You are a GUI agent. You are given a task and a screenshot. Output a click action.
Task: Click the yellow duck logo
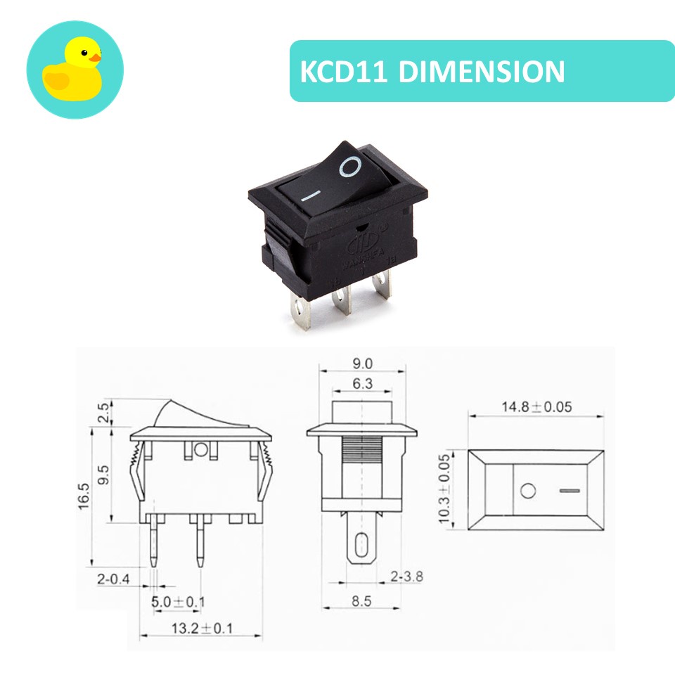click(75, 70)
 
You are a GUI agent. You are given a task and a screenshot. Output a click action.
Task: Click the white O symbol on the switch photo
click(351, 167)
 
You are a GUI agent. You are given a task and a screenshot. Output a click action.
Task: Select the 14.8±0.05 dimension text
click(536, 407)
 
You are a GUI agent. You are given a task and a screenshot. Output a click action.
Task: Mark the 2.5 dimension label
click(103, 412)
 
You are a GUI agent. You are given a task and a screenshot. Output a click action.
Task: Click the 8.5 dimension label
click(361, 602)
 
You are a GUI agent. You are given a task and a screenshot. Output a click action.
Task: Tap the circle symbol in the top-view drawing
click(527, 490)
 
